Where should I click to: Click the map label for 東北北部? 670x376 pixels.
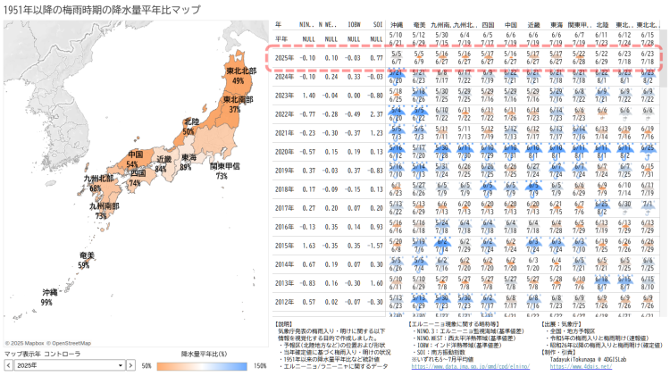[x=235, y=71]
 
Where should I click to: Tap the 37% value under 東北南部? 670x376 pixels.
[x=234, y=109]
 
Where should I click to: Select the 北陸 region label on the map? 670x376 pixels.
[x=190, y=121]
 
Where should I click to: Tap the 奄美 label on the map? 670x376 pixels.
[x=86, y=255]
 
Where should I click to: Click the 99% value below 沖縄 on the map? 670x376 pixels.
[x=46, y=303]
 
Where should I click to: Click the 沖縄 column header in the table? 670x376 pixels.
[x=397, y=24]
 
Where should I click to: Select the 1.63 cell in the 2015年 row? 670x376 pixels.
[x=308, y=245]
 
